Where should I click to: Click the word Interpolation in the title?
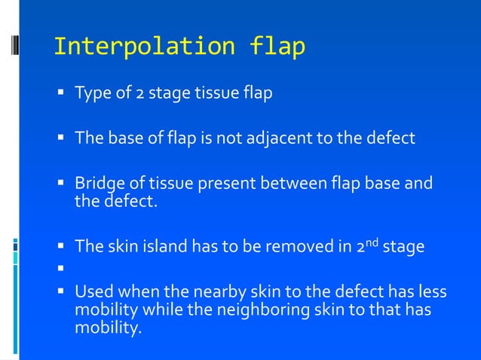tap(145, 47)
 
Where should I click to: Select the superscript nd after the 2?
tap(371, 241)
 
